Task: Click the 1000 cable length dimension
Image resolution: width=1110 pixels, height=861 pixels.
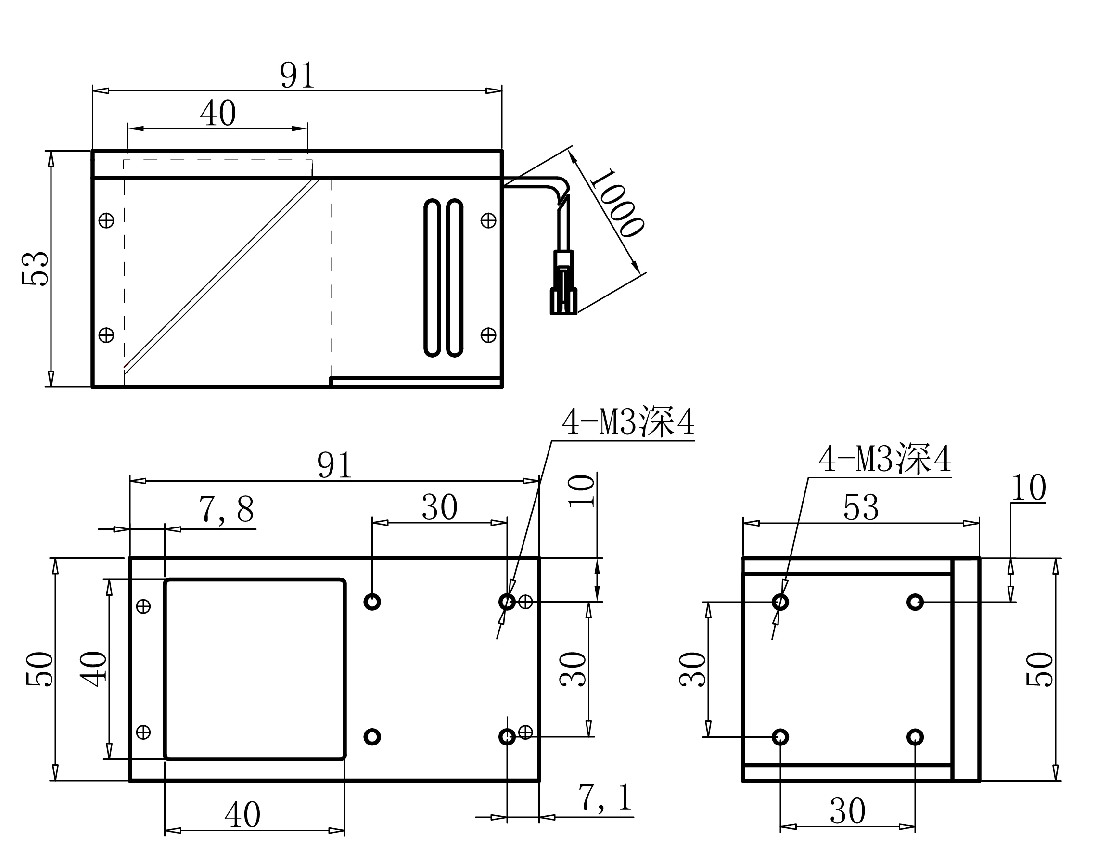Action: point(616,203)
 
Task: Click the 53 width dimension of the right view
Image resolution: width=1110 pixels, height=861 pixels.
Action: point(860,507)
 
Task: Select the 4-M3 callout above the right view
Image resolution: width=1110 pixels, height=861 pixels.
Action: point(884,459)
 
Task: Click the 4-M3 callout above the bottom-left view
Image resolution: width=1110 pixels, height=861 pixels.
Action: point(628,422)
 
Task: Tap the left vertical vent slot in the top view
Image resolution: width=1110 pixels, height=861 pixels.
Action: point(432,278)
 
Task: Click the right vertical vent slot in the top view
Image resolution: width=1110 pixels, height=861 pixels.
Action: point(454,278)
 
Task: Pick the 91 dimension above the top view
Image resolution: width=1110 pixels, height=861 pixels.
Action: point(297,75)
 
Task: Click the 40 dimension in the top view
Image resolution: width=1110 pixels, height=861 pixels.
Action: point(218,113)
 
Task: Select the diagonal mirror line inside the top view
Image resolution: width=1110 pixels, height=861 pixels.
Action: point(221,274)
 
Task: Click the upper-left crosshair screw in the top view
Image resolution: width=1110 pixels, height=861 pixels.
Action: point(106,220)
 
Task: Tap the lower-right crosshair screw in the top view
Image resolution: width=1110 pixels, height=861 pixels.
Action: point(488,335)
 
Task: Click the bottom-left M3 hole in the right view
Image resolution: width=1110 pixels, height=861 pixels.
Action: point(780,736)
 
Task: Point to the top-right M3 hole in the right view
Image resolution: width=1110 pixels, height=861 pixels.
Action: point(915,602)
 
